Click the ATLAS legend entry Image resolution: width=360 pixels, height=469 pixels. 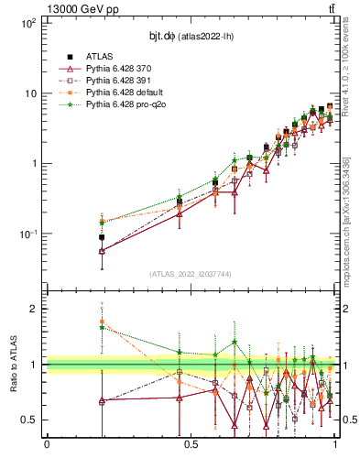tap(99, 57)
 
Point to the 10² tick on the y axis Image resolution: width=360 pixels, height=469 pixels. tap(29, 23)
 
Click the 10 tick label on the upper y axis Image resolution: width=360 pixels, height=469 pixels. tap(31, 93)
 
